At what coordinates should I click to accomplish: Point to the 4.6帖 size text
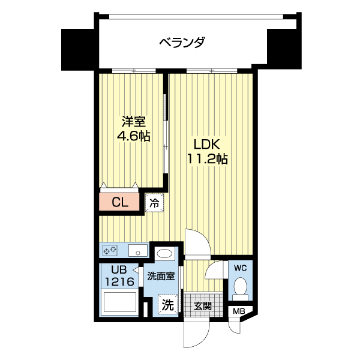(133, 136)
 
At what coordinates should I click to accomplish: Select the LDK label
(208, 145)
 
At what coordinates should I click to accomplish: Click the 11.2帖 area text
(208, 159)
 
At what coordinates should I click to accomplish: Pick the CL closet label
(120, 202)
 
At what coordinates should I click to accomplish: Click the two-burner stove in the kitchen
(110, 249)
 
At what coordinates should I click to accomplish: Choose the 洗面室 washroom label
(161, 277)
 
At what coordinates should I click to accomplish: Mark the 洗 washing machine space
(167, 305)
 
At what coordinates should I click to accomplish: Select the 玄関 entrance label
(203, 305)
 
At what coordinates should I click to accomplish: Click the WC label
(241, 267)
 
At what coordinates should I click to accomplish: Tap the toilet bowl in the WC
(241, 286)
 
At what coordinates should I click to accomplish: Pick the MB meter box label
(239, 311)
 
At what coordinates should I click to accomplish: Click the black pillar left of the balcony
(79, 48)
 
